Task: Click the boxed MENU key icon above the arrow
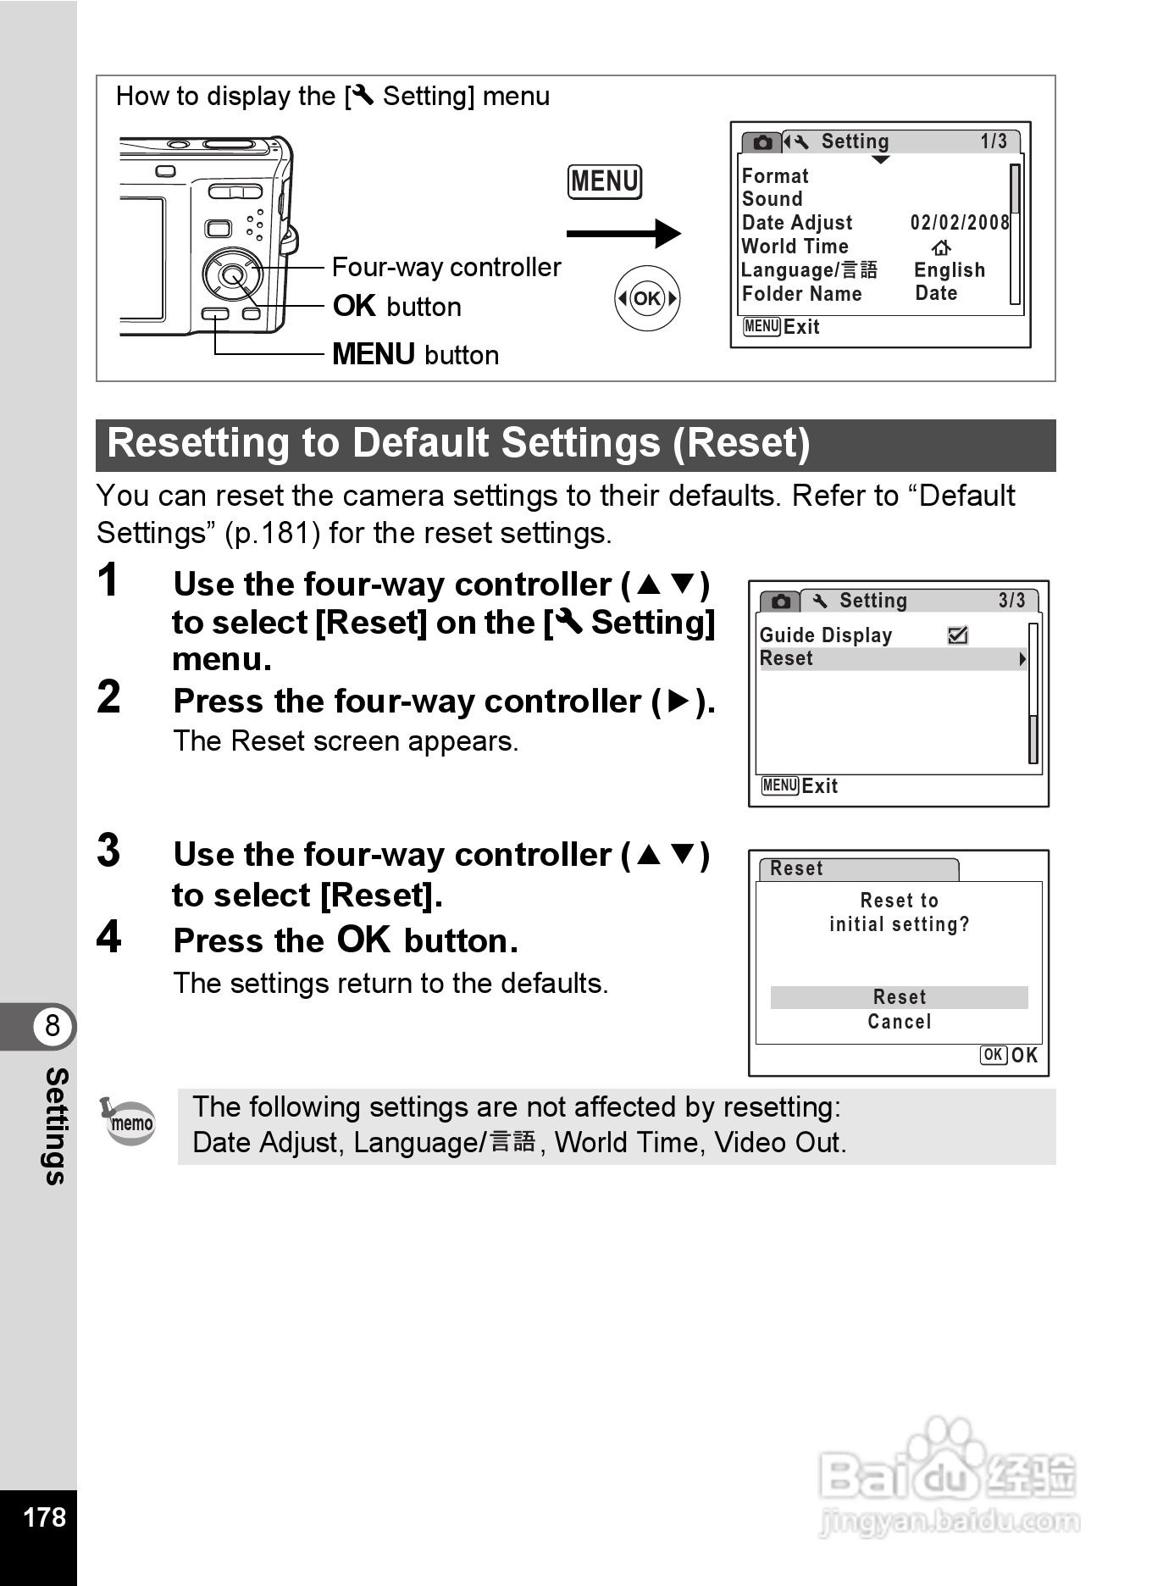point(604,182)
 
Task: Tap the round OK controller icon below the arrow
point(647,298)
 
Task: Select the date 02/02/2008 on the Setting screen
point(959,223)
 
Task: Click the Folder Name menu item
point(801,294)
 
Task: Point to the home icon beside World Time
point(941,247)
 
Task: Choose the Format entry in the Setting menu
point(775,176)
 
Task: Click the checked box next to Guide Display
point(958,635)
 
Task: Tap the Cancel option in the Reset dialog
point(899,1022)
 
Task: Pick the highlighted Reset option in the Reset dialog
point(899,997)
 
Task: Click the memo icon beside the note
point(130,1122)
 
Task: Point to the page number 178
point(44,1517)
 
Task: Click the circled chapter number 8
point(53,1025)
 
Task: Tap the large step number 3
point(109,851)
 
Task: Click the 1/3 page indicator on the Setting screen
point(994,141)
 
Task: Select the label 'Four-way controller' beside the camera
point(446,268)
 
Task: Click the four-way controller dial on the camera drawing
point(231,274)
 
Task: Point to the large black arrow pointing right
point(623,234)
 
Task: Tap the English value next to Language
point(949,270)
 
